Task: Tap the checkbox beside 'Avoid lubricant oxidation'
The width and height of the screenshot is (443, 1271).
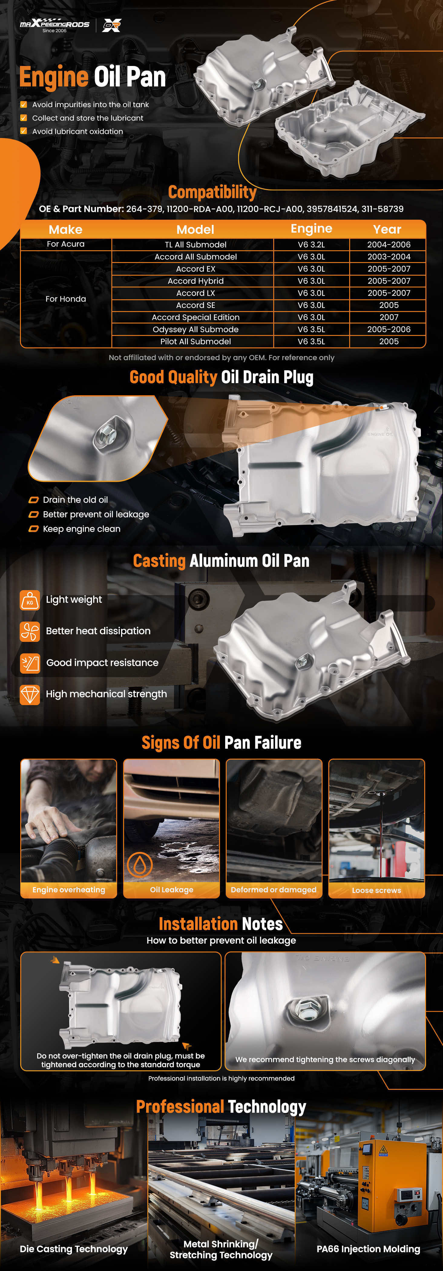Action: point(23,131)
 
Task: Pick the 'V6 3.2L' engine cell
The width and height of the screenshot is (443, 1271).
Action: point(311,244)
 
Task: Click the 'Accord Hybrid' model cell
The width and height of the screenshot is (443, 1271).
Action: point(195,281)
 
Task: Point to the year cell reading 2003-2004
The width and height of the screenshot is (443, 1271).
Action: point(389,257)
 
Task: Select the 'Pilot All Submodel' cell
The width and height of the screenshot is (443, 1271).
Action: point(195,341)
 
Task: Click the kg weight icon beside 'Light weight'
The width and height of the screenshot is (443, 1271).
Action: point(30,600)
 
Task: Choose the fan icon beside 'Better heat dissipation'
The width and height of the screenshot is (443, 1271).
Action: point(30,631)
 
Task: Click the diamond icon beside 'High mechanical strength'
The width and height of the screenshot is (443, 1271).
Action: point(30,694)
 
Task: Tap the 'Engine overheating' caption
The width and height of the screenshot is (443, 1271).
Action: point(69,890)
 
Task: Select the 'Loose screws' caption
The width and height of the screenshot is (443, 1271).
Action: point(376,890)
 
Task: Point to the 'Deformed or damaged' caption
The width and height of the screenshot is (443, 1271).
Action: point(274,890)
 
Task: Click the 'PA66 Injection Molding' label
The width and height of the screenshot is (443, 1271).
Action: point(369,1249)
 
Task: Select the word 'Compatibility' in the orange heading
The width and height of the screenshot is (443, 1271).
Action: point(212,192)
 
